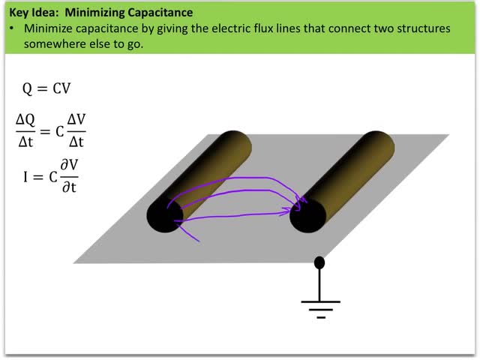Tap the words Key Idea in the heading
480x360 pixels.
[30, 13]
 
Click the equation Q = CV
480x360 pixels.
[46, 89]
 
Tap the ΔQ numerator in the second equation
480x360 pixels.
[28, 119]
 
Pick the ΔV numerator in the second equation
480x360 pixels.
[73, 119]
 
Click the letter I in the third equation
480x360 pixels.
[26, 177]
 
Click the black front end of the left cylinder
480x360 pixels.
[164, 215]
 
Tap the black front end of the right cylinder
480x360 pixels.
[307, 216]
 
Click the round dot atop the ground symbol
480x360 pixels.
[320, 262]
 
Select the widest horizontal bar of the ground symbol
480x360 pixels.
[320, 301]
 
